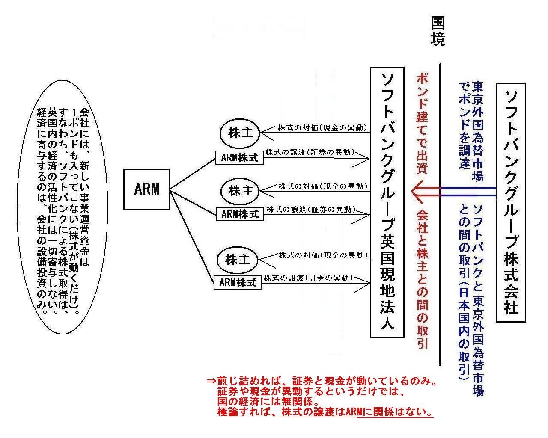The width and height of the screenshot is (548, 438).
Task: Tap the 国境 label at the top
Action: pyautogui.click(x=438, y=31)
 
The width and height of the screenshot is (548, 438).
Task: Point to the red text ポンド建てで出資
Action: pyautogui.click(x=422, y=123)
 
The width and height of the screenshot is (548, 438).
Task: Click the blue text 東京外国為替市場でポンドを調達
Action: pyautogui.click(x=471, y=131)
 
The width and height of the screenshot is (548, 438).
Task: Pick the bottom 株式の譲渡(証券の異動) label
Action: pyautogui.click(x=308, y=278)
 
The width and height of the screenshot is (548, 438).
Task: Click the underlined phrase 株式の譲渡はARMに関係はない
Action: pyautogui.click(x=356, y=412)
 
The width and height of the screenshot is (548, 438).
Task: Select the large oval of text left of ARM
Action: pyautogui.click(x=63, y=207)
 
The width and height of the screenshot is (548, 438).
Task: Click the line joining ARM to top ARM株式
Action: pyautogui.click(x=193, y=175)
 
